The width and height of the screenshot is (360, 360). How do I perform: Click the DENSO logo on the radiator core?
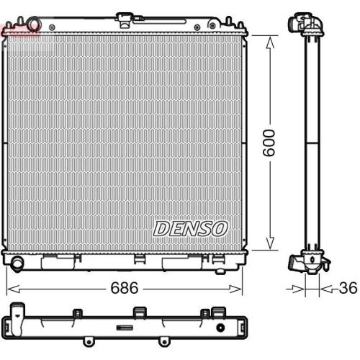190,229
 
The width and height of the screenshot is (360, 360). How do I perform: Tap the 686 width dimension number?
125,288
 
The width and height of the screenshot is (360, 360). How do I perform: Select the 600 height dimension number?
269,143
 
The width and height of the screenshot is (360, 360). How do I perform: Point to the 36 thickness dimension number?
348,288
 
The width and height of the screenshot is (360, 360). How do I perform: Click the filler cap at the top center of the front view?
125,20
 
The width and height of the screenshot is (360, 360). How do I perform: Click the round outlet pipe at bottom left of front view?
17,264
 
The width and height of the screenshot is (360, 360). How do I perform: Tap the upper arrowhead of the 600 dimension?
270,42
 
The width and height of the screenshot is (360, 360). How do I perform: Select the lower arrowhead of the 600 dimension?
270,243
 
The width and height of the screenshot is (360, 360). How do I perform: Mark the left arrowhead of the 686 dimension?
13,289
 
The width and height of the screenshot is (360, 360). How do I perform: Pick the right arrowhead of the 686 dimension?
235,289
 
